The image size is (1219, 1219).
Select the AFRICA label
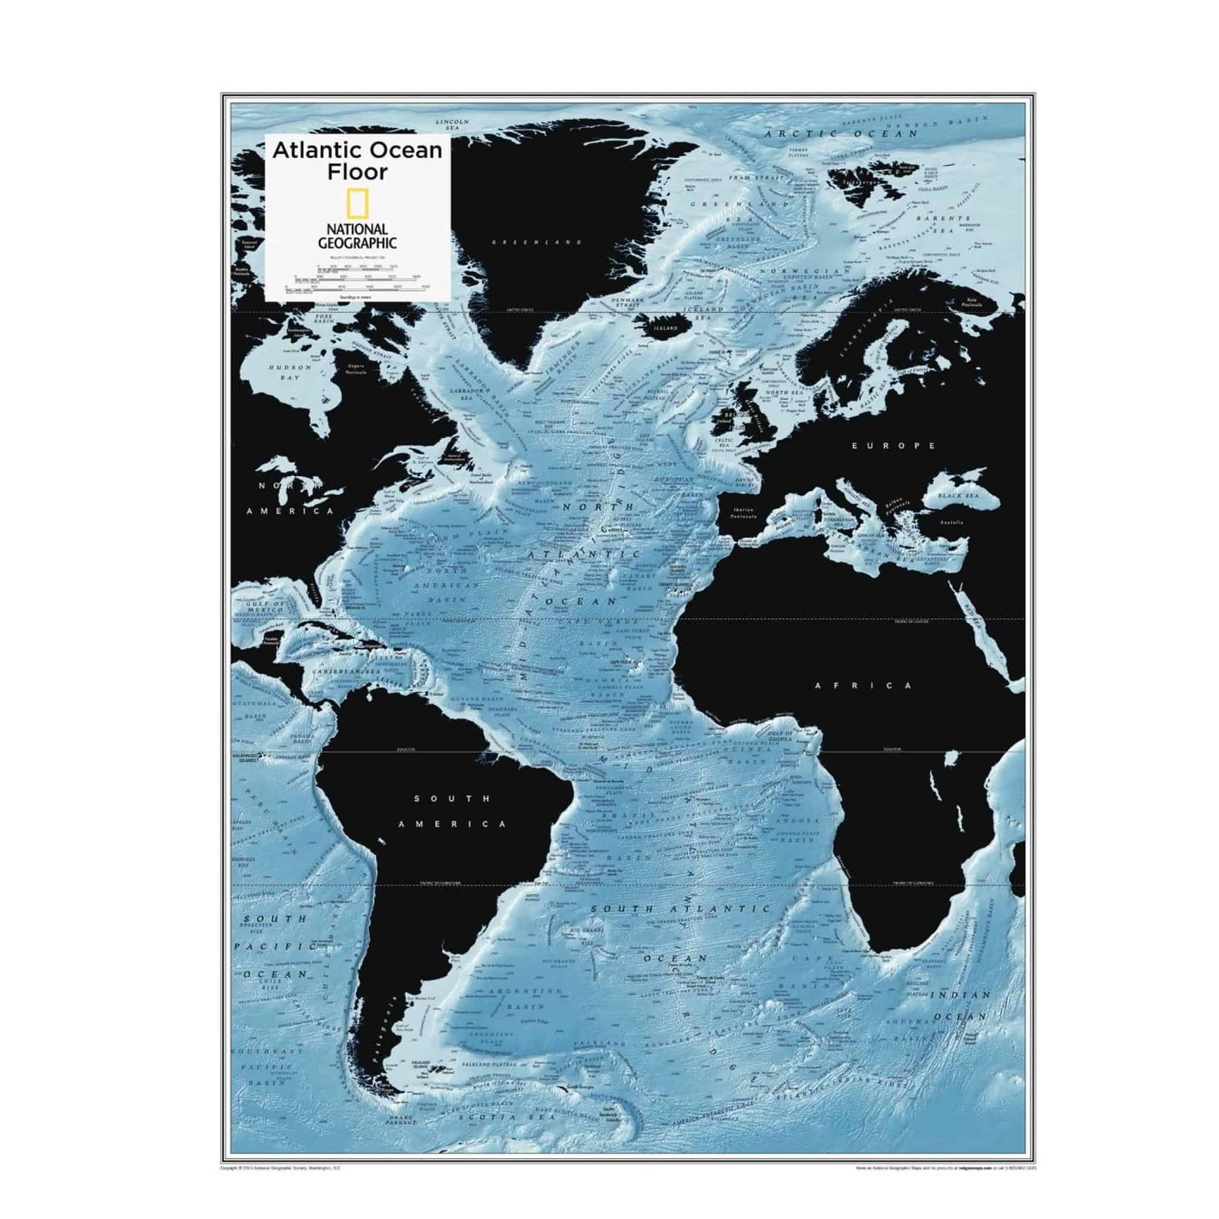tap(863, 685)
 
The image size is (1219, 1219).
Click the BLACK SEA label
tap(958, 496)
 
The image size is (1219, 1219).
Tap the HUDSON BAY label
tap(290, 372)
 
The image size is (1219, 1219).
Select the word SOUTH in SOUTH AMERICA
tap(451, 799)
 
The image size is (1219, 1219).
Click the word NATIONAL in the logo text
tap(357, 230)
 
